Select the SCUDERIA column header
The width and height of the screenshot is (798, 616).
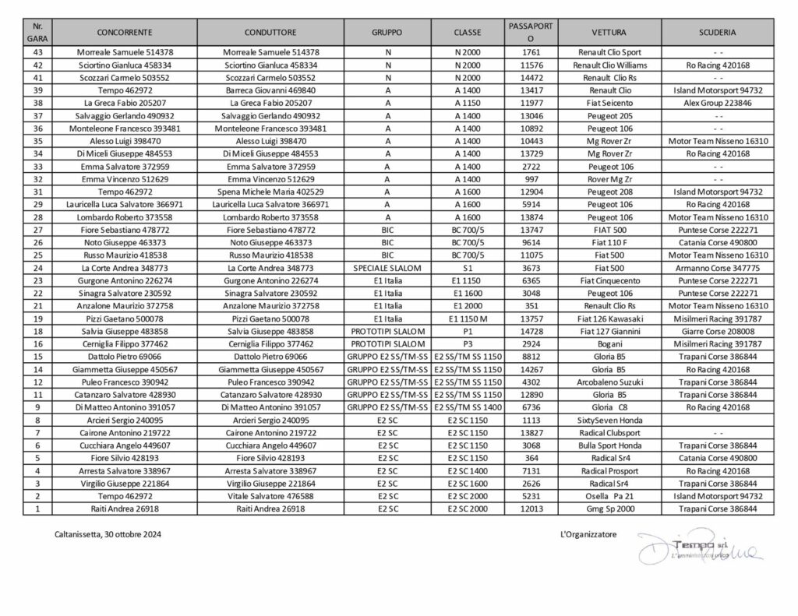coord(718,33)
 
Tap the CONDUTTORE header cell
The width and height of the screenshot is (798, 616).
coord(270,33)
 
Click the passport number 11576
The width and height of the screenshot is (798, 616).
coord(530,65)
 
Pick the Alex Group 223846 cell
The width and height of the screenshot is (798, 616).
coord(718,102)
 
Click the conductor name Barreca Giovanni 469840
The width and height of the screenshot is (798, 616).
coord(270,90)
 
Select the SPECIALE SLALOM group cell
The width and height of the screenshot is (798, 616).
coord(387,268)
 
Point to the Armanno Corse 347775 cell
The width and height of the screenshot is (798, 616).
coord(718,268)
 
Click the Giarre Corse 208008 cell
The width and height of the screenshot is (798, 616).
coord(718,331)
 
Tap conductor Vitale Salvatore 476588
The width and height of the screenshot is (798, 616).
coord(270,496)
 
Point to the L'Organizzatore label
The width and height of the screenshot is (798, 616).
coord(588,535)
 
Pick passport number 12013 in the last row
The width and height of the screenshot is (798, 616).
coord(530,509)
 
